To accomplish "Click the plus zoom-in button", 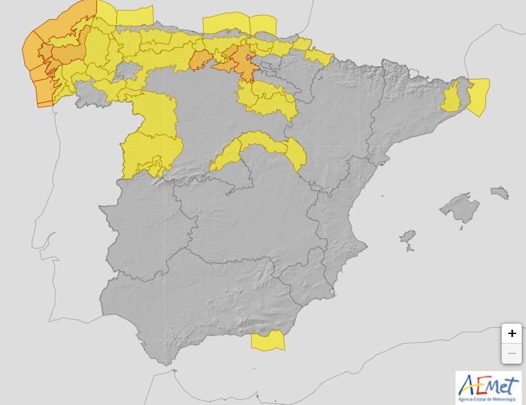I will click(x=511, y=333).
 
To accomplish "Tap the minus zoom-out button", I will click(x=511, y=353).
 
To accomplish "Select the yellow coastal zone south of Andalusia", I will click(x=268, y=341).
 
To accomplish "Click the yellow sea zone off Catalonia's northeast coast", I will click(x=478, y=96).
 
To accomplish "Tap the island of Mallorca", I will click(x=460, y=208).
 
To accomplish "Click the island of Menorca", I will click(x=499, y=192).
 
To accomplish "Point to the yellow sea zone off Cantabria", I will click(x=226, y=24).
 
